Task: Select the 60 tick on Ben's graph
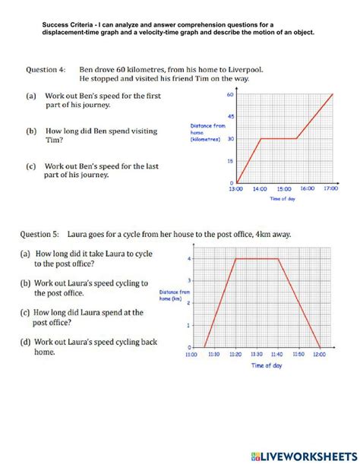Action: [229, 95]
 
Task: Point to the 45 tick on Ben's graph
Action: [229, 117]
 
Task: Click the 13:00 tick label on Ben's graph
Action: [237, 190]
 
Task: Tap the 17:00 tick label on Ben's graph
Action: [330, 190]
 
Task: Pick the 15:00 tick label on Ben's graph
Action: [284, 190]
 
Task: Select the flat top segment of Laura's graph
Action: [257, 260]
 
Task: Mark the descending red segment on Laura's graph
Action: [300, 304]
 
